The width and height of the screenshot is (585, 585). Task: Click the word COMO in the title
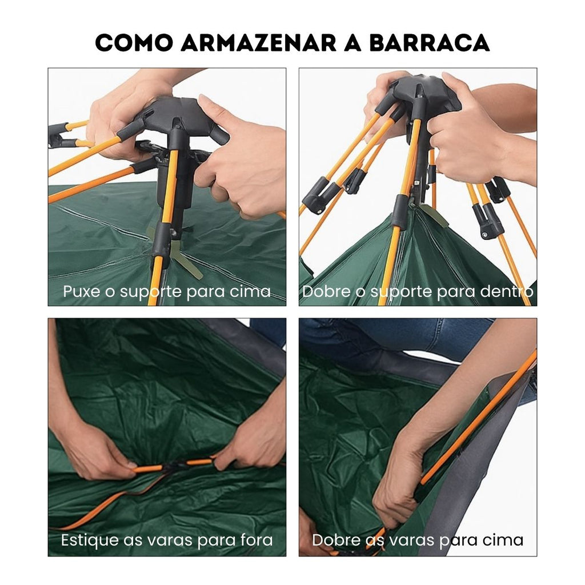(134, 42)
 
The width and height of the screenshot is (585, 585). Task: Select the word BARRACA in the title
(430, 42)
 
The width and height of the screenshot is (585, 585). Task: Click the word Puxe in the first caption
(81, 291)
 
